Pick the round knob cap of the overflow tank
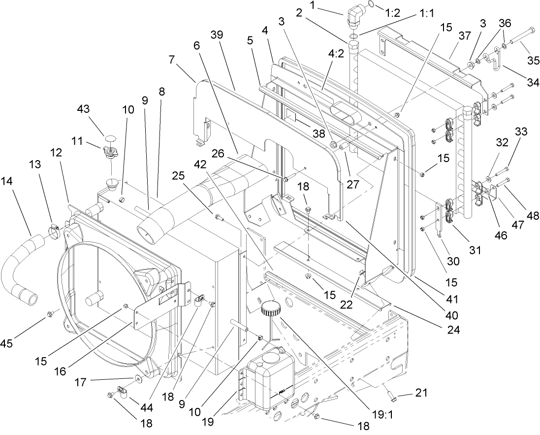pyautogui.click(x=270, y=309)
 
